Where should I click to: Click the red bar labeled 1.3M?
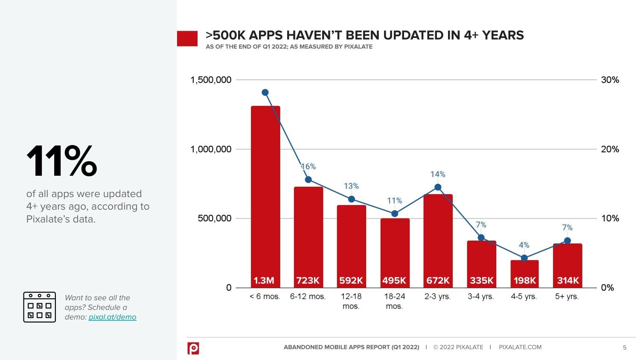pyautogui.click(x=265, y=192)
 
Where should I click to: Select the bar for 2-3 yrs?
pyautogui.click(x=438, y=239)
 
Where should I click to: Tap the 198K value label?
pyautogui.click(x=524, y=281)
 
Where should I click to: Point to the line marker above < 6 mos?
pyautogui.click(x=265, y=93)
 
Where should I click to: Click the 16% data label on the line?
pyautogui.click(x=308, y=167)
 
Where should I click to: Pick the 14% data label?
pyautogui.click(x=438, y=174)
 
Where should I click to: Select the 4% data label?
pyautogui.click(x=524, y=245)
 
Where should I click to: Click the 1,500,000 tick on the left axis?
pyautogui.click(x=211, y=80)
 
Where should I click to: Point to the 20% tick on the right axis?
pyautogui.click(x=610, y=149)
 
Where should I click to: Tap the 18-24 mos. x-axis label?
pyautogui.click(x=394, y=301)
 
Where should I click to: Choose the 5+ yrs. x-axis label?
pyautogui.click(x=567, y=296)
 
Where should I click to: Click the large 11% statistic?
pyautogui.click(x=62, y=161)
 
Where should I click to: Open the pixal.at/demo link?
pyautogui.click(x=113, y=317)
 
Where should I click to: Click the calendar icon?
pyautogui.click(x=39, y=307)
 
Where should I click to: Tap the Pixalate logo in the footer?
pyautogui.click(x=193, y=348)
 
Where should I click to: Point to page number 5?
pyautogui.click(x=625, y=348)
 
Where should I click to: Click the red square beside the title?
pyautogui.click(x=187, y=38)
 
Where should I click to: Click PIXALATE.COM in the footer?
pyautogui.click(x=520, y=347)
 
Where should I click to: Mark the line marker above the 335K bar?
pyautogui.click(x=481, y=238)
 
